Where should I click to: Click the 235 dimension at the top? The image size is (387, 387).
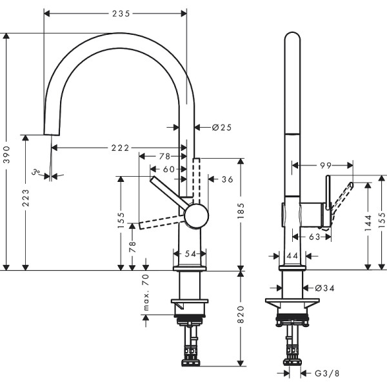[116, 13]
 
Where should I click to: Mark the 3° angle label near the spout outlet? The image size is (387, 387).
[38, 172]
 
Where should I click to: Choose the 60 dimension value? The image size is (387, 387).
[168, 169]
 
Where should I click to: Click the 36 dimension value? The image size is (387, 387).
[227, 179]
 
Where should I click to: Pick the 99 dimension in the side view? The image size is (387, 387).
[325, 166]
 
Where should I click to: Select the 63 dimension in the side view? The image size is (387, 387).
[315, 237]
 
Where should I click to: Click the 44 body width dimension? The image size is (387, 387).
[292, 256]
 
